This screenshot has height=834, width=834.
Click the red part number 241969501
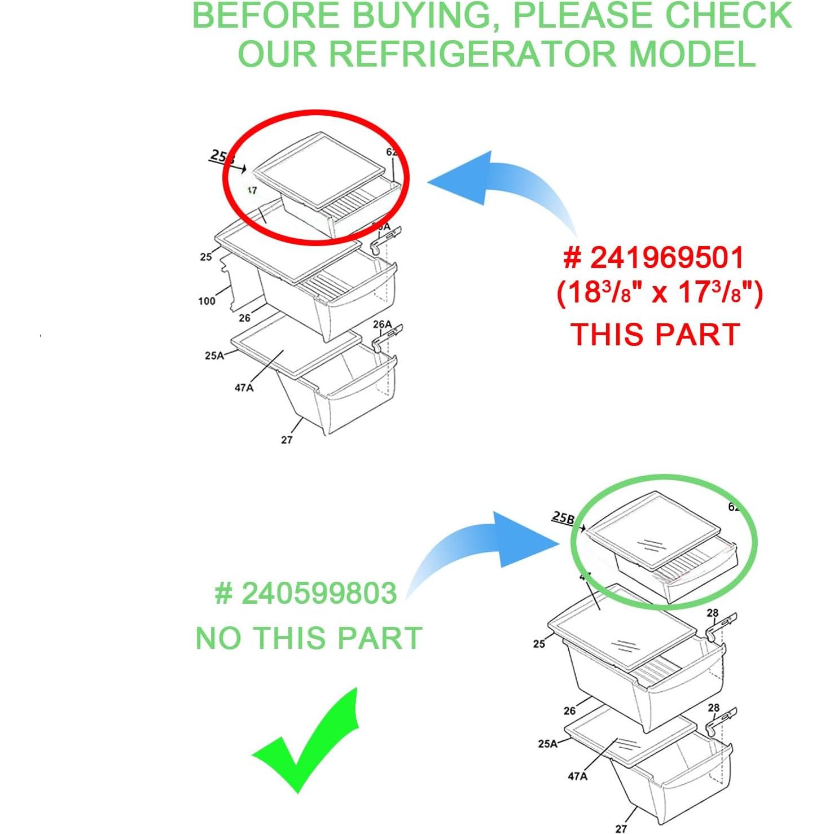[x=655, y=258]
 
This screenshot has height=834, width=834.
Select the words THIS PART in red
[x=655, y=335]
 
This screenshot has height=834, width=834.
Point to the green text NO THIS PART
[x=309, y=638]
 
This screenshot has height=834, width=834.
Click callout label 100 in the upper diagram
[x=207, y=301]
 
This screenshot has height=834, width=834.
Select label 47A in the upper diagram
[x=244, y=388]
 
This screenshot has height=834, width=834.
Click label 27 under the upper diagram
[x=287, y=440]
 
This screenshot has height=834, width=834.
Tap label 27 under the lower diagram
[x=621, y=828]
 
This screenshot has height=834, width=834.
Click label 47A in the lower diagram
[x=577, y=776]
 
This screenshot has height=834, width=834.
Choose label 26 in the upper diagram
[x=244, y=318]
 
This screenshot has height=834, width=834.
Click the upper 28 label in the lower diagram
[x=713, y=613]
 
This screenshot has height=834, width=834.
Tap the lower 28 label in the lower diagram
[x=713, y=708]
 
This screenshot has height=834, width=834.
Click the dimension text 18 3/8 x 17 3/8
[x=659, y=293]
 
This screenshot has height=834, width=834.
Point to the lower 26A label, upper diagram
[x=382, y=324]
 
